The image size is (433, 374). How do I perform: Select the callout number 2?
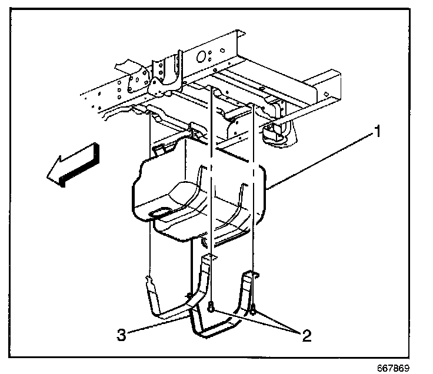306,336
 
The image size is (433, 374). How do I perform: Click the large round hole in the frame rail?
201,57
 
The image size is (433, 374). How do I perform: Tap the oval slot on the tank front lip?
160,211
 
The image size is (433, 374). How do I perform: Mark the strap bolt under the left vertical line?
210,305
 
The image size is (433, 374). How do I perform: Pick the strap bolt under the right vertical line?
252,306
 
